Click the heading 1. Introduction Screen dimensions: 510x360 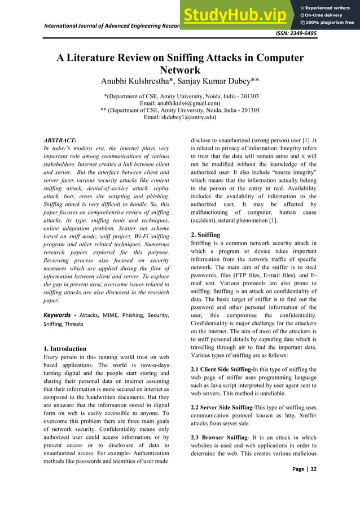click(x=65, y=348)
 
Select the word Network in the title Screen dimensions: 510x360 click(x=179, y=71)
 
